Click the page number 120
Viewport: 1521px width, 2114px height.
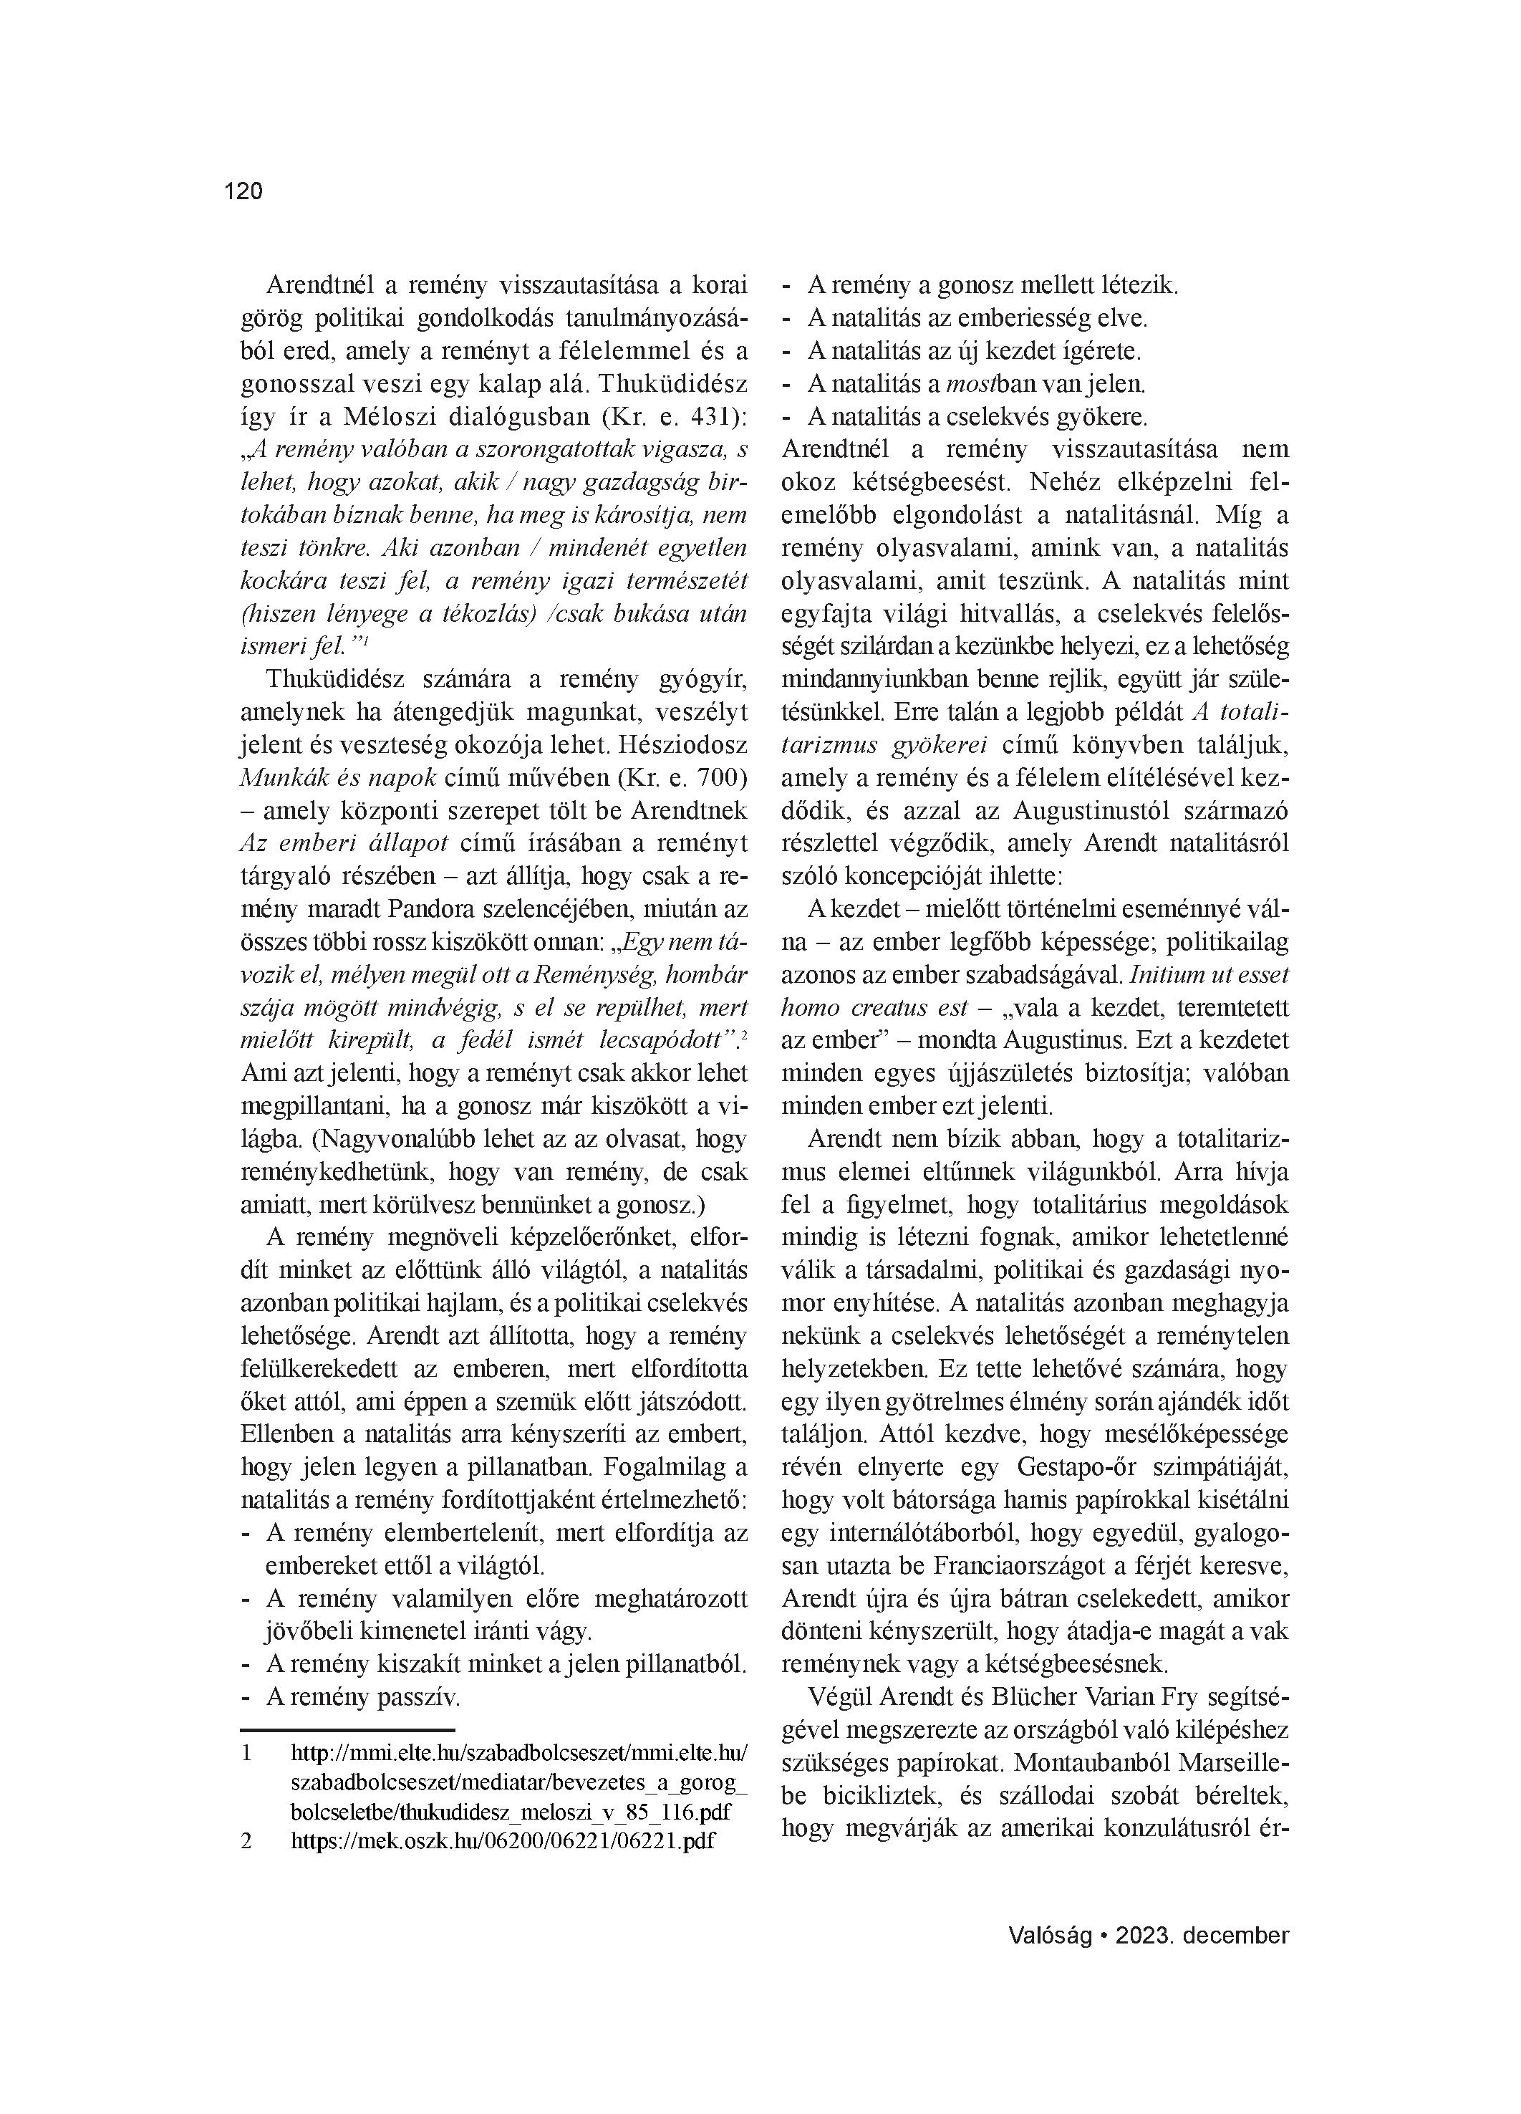243,191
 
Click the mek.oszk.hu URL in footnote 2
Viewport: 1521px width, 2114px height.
503,1841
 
